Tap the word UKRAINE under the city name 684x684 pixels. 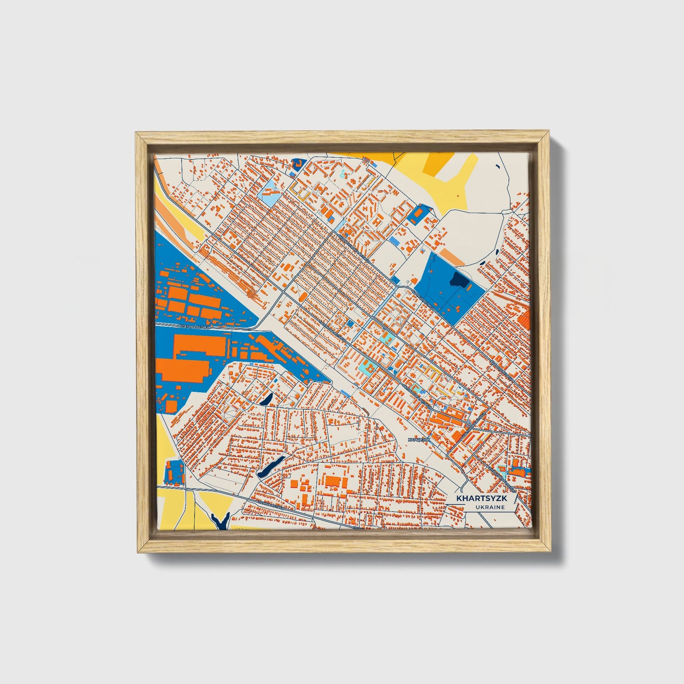490,507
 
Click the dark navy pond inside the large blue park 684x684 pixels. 459,280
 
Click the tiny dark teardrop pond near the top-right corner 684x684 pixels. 497,165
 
